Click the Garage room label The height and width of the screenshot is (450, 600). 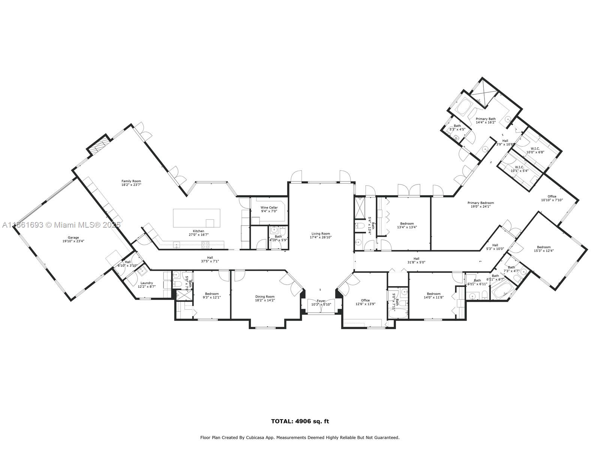click(x=73, y=237)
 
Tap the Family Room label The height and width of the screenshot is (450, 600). click(x=131, y=181)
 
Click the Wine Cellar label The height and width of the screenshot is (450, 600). click(x=269, y=207)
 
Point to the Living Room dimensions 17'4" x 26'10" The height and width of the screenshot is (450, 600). click(x=321, y=237)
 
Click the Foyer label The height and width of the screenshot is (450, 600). click(x=321, y=301)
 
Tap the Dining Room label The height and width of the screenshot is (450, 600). click(x=265, y=297)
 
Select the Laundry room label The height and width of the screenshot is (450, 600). click(x=146, y=283)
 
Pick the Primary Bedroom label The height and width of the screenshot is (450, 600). click(x=480, y=203)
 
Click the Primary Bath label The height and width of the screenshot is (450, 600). click(x=486, y=119)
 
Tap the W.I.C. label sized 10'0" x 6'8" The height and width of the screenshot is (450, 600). click(x=535, y=148)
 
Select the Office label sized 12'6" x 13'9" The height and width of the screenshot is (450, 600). click(x=365, y=300)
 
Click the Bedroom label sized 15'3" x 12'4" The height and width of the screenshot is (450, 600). click(x=543, y=247)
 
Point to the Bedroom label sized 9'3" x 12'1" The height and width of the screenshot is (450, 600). click(x=211, y=294)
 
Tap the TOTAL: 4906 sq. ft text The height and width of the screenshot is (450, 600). click(x=300, y=421)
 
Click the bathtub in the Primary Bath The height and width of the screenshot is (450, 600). click(x=464, y=107)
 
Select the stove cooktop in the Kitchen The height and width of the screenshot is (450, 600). click(x=206, y=245)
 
